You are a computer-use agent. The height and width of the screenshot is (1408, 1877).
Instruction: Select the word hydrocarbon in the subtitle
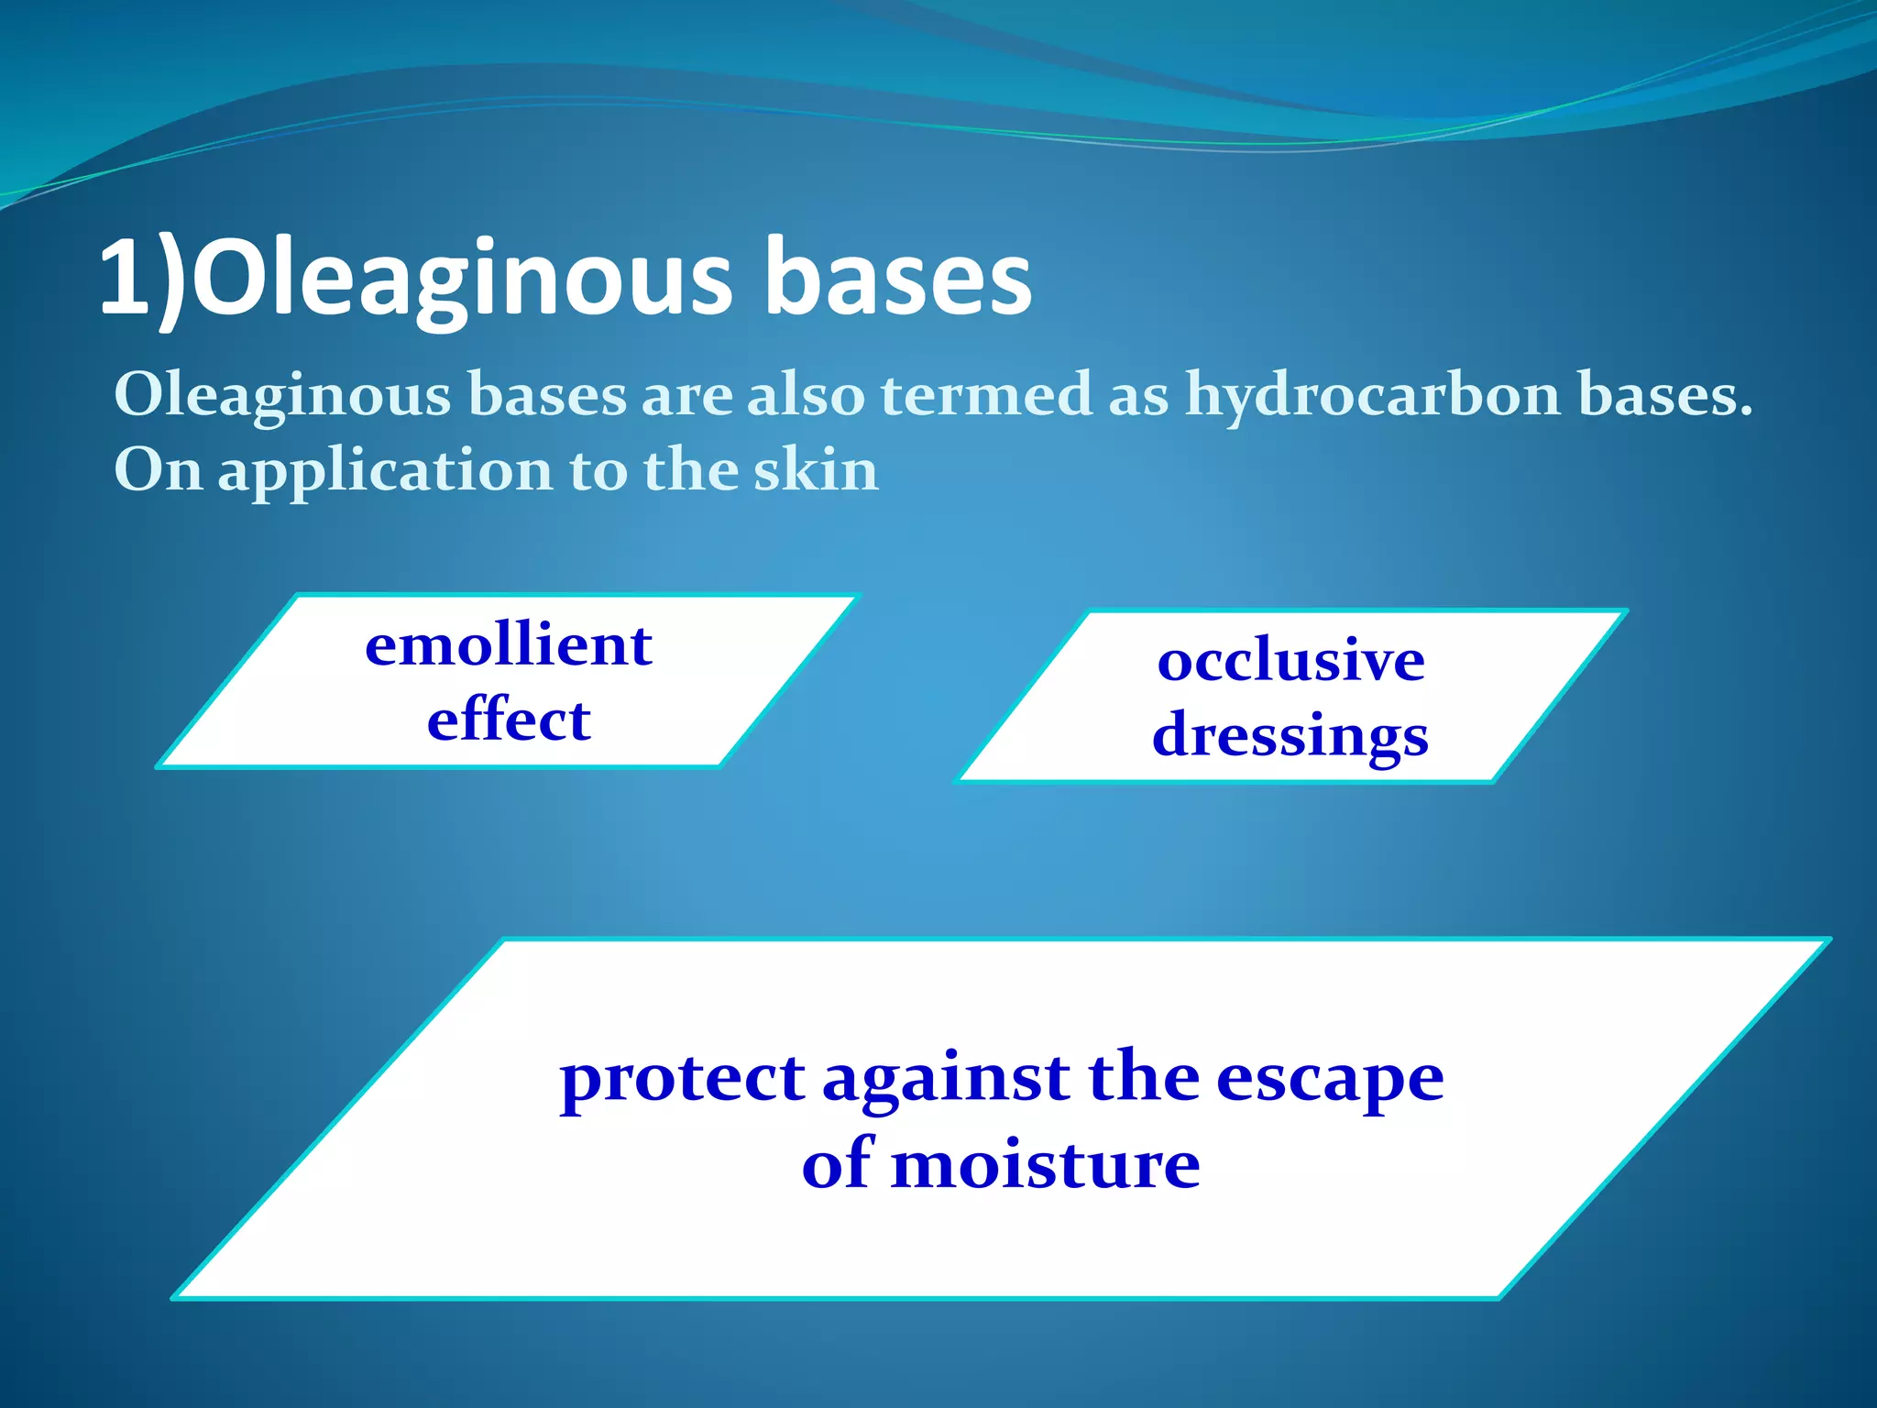[x=1373, y=395]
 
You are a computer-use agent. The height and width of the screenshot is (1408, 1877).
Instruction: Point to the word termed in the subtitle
[x=986, y=395]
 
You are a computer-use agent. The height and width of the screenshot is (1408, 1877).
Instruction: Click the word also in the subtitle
[x=806, y=395]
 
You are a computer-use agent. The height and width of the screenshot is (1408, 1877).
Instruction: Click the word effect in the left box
[x=509, y=719]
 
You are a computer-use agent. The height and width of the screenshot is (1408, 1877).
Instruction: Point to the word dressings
[x=1290, y=736]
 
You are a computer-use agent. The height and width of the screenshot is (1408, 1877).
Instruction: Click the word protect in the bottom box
[x=682, y=1079]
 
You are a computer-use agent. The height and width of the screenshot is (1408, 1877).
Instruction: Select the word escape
[x=1330, y=1079]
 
